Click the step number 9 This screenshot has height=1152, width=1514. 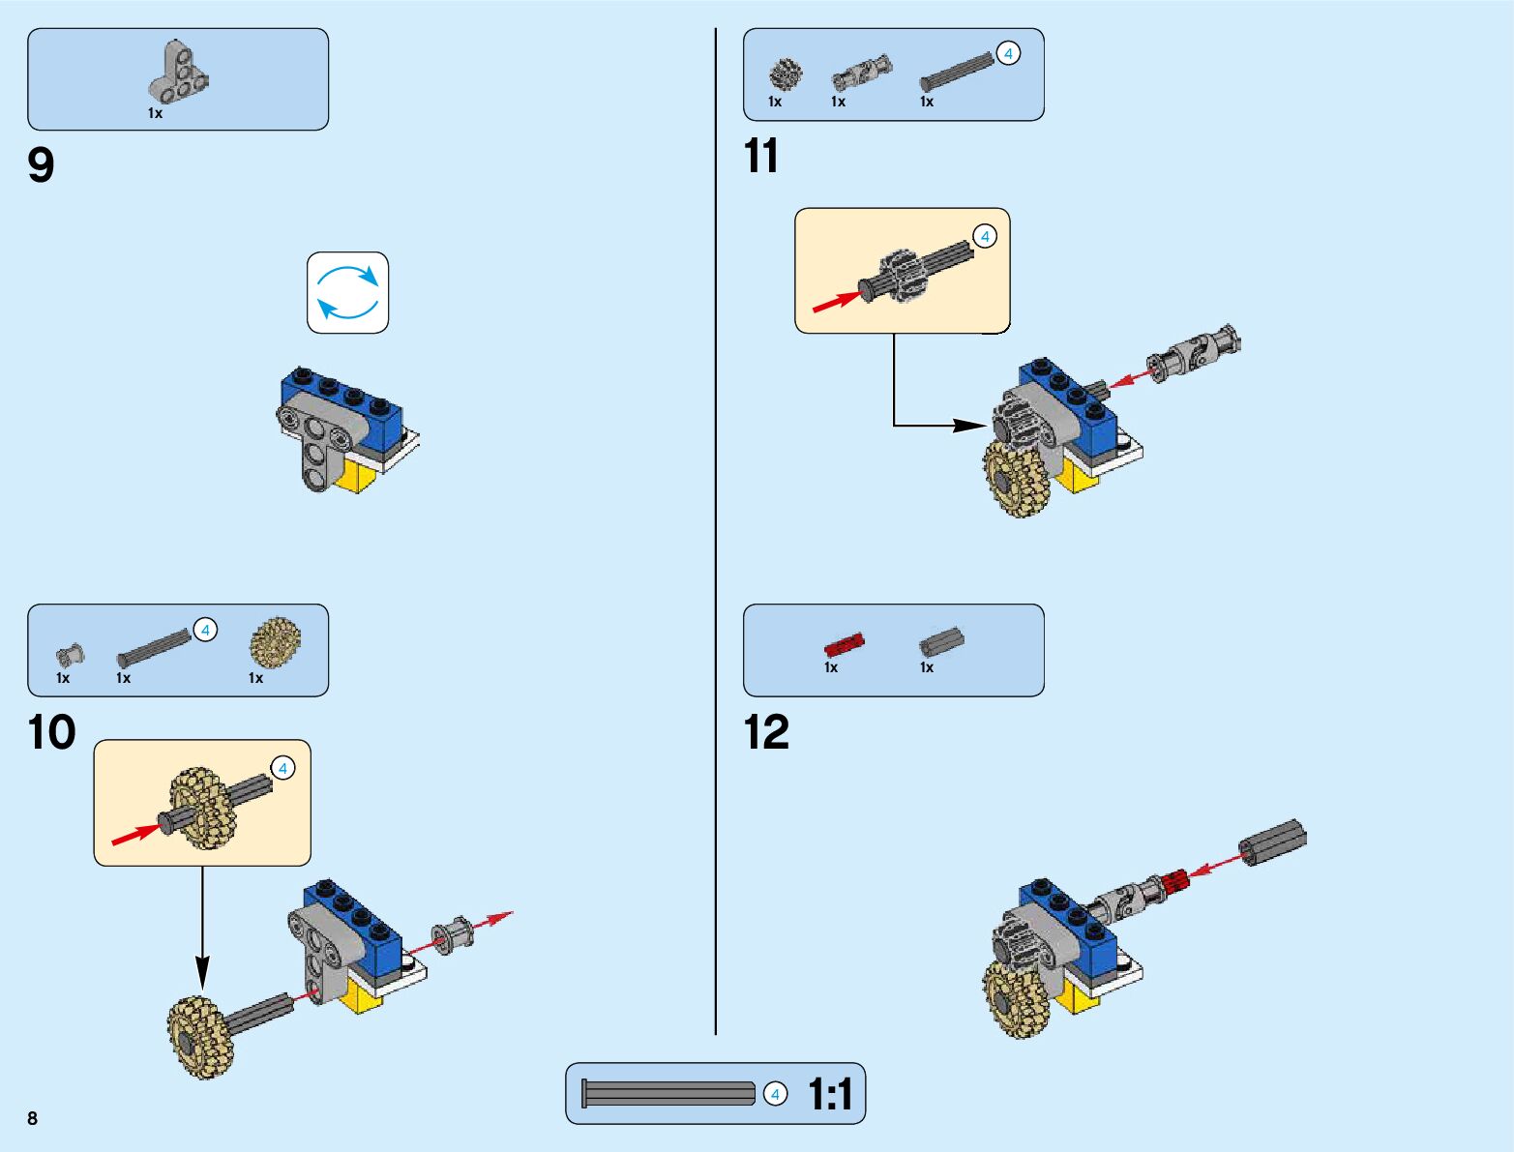point(41,165)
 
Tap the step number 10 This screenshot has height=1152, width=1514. point(51,732)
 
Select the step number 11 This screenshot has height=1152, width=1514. point(760,156)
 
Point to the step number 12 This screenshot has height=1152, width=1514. point(766,732)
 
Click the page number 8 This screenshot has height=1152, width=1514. point(33,1118)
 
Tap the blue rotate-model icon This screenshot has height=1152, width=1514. point(348,293)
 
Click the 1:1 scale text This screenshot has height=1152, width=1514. point(830,1095)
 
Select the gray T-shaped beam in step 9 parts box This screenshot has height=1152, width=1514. point(180,74)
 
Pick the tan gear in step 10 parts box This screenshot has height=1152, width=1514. point(275,642)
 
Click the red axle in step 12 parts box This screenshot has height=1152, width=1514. point(844,644)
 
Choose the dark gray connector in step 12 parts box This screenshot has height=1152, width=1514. point(940,640)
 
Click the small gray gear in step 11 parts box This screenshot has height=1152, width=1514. point(786,74)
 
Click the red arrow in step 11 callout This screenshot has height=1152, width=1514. point(835,303)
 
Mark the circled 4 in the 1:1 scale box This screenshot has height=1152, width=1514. point(775,1094)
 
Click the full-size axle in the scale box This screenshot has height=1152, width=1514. point(668,1094)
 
